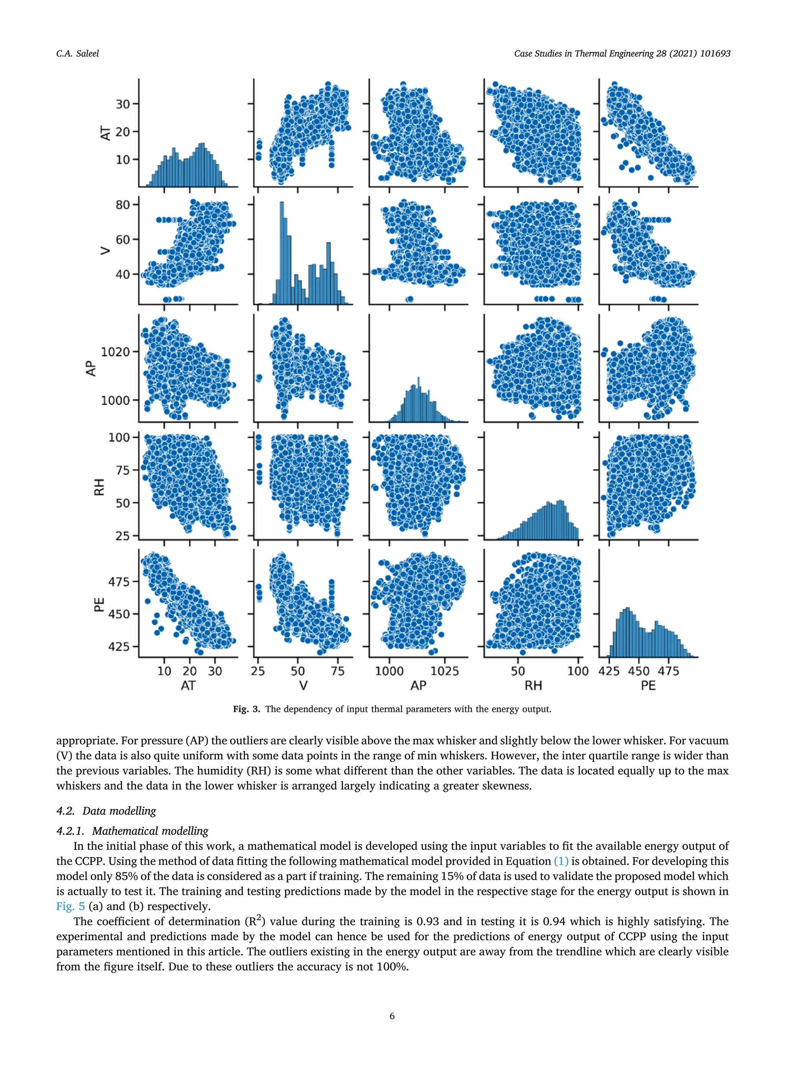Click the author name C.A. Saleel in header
77,54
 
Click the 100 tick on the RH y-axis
119,437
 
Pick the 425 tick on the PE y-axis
119,646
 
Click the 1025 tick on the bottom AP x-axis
445,671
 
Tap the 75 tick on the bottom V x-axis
338,671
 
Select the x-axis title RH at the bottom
533,686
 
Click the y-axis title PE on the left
99,605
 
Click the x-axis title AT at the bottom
188,686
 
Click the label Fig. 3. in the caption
246,709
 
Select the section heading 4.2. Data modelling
106,811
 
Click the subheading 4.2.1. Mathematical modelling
132,831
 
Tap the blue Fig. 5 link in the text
70,906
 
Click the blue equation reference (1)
561,861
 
